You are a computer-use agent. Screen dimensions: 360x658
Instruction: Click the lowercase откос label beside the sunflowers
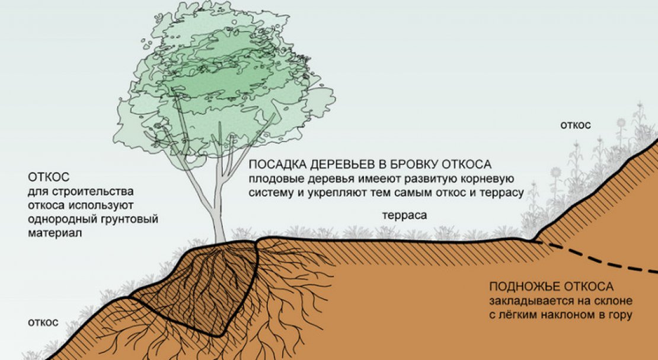click(576, 125)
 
